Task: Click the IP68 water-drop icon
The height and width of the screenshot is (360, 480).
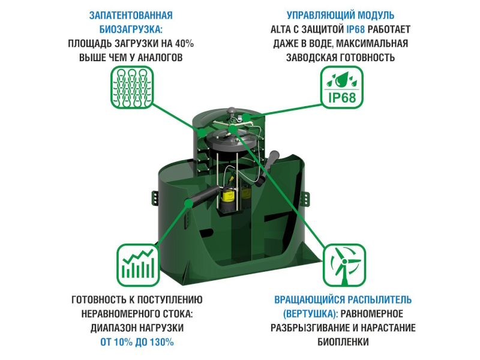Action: point(341,87)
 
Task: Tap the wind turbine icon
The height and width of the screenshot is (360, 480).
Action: point(344,265)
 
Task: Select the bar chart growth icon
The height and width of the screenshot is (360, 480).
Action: point(138,265)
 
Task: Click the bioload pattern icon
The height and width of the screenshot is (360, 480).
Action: point(132,87)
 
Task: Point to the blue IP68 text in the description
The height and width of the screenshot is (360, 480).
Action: point(355,29)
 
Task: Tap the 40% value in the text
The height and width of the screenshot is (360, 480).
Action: point(184,43)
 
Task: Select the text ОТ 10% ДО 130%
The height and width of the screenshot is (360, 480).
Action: point(137,341)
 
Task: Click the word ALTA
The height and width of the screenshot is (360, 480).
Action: point(280,29)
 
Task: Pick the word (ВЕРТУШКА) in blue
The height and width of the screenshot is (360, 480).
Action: point(310,313)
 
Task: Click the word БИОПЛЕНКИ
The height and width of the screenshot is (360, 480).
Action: point(343,341)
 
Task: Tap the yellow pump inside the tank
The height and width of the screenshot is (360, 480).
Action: point(228,198)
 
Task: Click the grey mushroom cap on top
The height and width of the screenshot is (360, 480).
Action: point(232,109)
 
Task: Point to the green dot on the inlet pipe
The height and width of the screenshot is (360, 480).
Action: point(188,203)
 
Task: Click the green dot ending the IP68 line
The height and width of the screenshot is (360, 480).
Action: point(246,117)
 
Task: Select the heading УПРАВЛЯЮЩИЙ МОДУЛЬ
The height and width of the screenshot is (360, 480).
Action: point(340,16)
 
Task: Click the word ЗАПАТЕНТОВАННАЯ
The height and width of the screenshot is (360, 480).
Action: point(131,16)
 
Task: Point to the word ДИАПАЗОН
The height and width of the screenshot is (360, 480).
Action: point(112,328)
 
